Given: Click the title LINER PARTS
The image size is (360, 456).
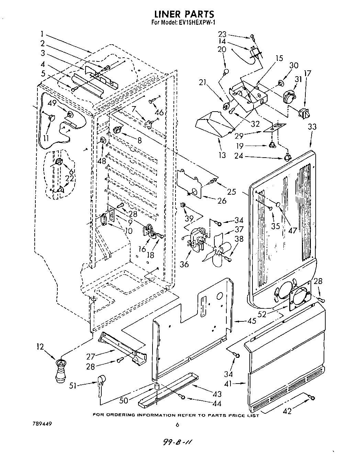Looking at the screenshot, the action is pos(184,14).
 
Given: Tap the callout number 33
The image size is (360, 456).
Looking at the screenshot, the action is pos(312,127).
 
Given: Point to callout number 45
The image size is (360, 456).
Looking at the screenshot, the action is pos(252,321).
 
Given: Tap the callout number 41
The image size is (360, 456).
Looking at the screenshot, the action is pos(228,383).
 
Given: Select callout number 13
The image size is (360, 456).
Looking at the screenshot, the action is pos(222,155).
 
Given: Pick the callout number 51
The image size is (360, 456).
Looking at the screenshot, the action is pos(73,386).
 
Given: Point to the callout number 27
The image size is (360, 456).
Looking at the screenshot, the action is pos(91,357).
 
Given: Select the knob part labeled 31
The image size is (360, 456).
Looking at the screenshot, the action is pos(289,96).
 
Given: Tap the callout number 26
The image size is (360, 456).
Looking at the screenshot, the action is pos(222,201).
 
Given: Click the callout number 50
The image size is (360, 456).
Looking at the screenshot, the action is pos(124,400).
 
